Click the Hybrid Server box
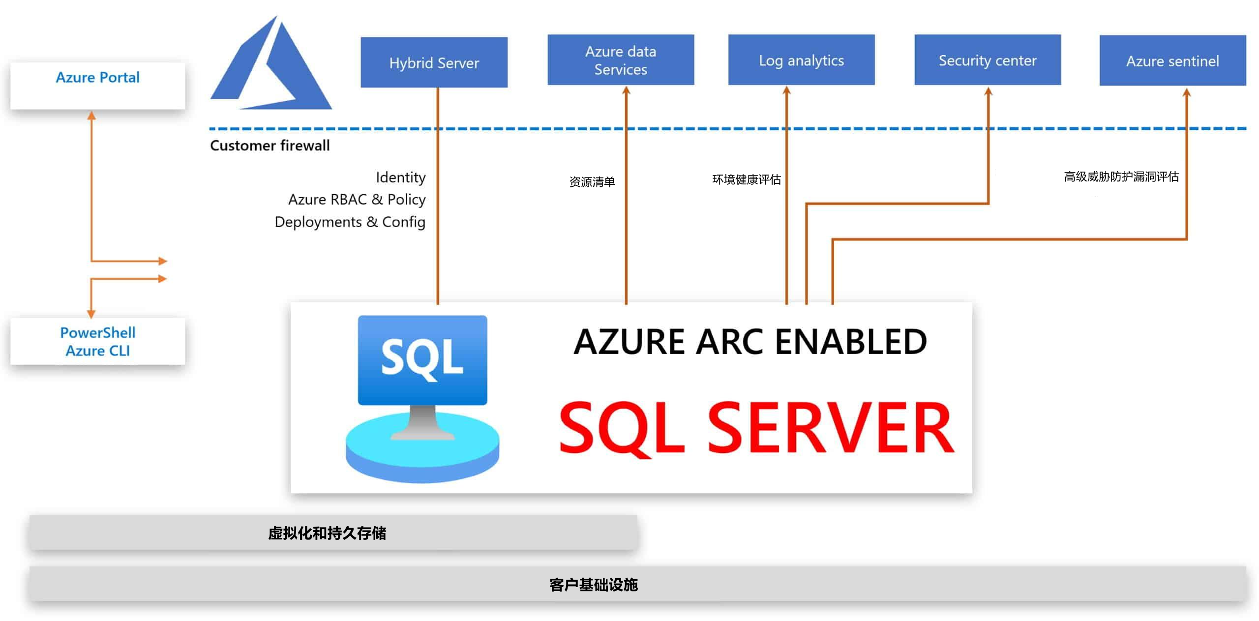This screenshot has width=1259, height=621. click(434, 62)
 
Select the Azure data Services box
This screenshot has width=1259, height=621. click(621, 60)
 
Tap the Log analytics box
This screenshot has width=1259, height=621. click(801, 60)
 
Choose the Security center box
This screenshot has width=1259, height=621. click(988, 60)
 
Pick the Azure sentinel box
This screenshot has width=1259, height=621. click(1172, 61)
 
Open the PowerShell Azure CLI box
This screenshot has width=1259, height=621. click(97, 341)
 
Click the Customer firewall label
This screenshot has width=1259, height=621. click(270, 146)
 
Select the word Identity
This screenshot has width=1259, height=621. click(400, 177)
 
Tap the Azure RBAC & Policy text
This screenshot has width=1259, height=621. click(357, 199)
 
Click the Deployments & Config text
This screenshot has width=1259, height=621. click(350, 222)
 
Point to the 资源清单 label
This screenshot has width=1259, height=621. click(592, 182)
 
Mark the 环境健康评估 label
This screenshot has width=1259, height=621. click(746, 179)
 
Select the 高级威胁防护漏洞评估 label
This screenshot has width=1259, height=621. click(1121, 177)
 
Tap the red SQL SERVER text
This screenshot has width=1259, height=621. click(756, 428)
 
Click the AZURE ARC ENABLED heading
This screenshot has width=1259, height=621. click(750, 341)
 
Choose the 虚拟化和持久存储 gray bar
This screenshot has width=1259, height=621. click(333, 533)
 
